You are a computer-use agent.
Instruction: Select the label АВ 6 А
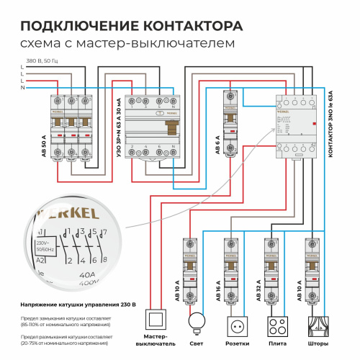[217, 144]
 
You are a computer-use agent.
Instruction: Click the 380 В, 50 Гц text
[42, 60]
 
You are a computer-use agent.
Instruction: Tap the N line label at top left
[22, 87]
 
